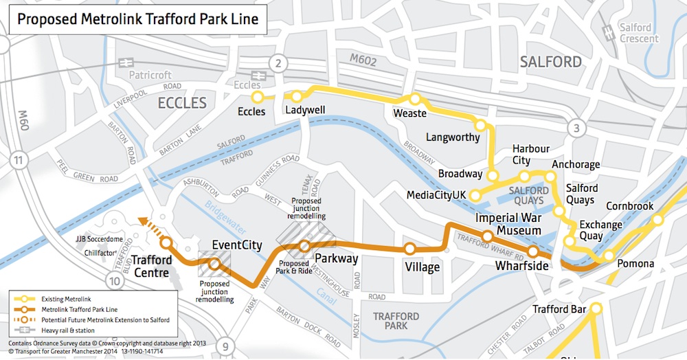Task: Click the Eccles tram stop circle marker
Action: [258, 97]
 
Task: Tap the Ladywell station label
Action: [305, 110]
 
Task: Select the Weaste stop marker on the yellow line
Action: [414, 100]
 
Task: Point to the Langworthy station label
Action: [453, 137]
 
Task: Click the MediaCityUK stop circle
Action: [475, 195]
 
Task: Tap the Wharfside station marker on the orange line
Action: [533, 251]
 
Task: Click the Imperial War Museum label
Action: [509, 224]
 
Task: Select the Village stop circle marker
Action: [410, 249]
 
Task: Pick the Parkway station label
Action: [336, 259]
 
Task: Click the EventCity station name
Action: [237, 245]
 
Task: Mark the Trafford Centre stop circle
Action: [166, 242]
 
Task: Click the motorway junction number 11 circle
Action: [18, 161]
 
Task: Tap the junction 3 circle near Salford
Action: [577, 128]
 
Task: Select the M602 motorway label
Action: [363, 61]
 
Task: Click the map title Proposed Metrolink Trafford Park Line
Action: [137, 19]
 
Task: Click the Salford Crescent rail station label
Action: [635, 33]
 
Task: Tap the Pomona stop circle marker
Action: [608, 256]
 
